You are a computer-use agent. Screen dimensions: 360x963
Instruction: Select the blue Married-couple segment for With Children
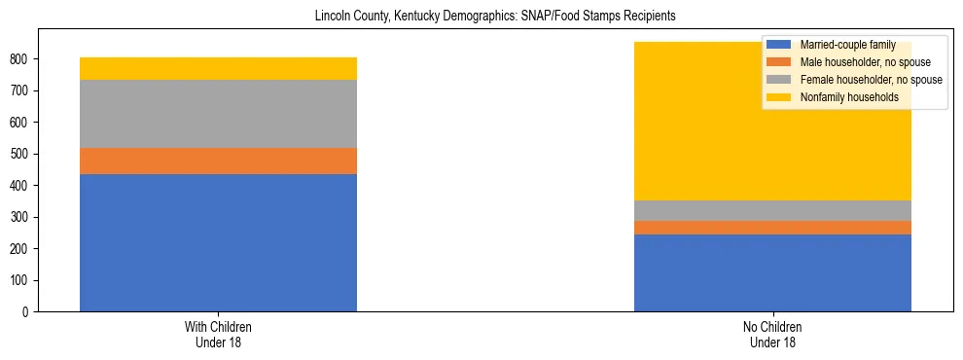[x=218, y=242]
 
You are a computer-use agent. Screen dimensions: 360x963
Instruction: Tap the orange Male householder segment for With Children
[x=218, y=161]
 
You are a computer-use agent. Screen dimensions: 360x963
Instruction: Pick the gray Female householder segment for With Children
[x=218, y=113]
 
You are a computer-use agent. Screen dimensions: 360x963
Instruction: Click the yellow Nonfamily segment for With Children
[x=218, y=68]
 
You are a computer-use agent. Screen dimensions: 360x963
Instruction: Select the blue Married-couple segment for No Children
[x=772, y=272]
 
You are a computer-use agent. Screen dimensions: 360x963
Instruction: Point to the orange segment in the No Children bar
[x=772, y=228]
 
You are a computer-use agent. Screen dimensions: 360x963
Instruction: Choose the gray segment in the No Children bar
[x=772, y=210]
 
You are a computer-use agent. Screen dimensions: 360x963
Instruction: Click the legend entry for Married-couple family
[x=840, y=45]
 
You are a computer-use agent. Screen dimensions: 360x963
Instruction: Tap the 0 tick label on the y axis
[x=28, y=312]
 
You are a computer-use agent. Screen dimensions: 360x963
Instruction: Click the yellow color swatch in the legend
[x=779, y=97]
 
